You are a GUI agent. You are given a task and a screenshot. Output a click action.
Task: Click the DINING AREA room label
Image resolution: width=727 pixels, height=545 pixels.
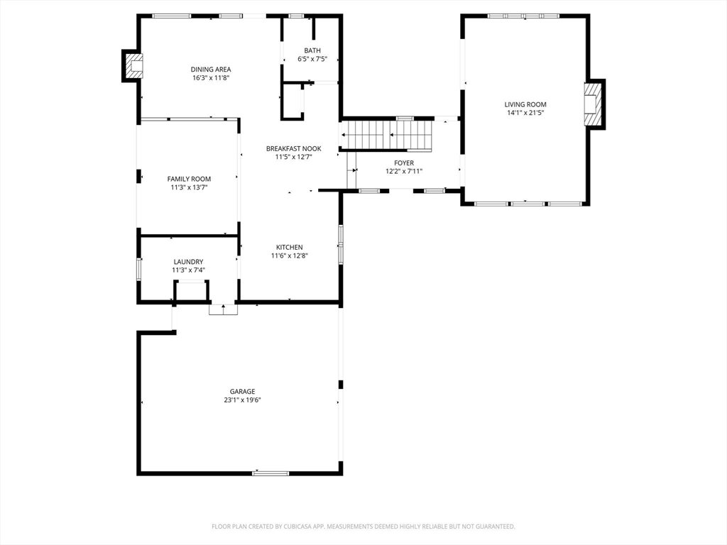click(211, 70)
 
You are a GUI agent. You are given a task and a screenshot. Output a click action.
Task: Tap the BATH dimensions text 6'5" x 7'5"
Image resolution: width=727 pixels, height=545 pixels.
click(312, 59)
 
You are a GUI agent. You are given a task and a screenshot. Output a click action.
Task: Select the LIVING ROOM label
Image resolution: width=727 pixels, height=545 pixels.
click(525, 105)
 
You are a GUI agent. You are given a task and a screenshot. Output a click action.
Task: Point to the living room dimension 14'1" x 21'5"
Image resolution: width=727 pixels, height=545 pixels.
click(525, 113)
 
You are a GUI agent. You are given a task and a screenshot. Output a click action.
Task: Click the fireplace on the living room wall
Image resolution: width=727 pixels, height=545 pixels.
click(594, 104)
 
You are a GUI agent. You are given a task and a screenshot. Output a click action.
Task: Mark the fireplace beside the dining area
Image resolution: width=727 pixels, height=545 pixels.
click(133, 66)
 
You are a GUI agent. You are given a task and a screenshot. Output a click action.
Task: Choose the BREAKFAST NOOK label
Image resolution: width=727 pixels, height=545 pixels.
click(293, 149)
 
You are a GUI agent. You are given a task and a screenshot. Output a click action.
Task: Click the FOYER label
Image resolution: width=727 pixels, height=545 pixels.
click(404, 163)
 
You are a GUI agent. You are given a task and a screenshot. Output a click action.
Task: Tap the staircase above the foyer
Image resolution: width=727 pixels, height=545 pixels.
click(386, 135)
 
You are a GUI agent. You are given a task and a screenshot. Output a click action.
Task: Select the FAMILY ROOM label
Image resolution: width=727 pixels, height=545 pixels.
click(189, 179)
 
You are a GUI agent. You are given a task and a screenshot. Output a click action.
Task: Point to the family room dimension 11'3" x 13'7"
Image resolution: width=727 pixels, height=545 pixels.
click(189, 187)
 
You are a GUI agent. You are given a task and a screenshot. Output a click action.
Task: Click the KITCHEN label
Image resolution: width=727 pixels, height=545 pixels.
click(290, 248)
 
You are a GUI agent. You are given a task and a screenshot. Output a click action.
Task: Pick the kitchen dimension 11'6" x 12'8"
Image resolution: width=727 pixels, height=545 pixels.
click(290, 255)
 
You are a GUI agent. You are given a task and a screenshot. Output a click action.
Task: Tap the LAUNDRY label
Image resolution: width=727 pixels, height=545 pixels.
click(188, 262)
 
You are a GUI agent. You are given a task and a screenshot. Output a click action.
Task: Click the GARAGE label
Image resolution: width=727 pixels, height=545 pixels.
click(243, 392)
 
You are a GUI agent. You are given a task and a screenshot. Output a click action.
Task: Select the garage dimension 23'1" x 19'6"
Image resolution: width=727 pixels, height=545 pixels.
click(243, 400)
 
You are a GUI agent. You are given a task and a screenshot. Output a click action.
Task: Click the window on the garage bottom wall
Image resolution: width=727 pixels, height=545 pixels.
click(270, 473)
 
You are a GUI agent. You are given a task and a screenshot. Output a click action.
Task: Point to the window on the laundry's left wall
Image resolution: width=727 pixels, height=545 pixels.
click(138, 269)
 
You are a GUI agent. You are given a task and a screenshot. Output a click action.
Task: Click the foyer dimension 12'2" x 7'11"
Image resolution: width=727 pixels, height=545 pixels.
click(404, 172)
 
